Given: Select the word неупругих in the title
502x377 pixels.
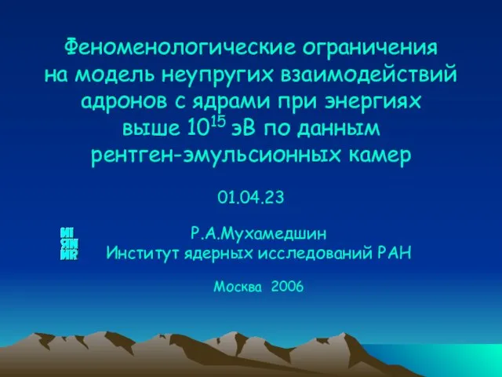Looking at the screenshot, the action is pyautogui.click(x=218, y=75).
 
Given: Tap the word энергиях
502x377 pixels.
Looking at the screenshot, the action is pyautogui.click(x=373, y=102).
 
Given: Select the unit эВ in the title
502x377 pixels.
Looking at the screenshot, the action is pyautogui.click(x=243, y=129).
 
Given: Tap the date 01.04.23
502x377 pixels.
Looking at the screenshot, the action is pyautogui.click(x=251, y=197).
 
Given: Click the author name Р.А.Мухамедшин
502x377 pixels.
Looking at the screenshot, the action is pyautogui.click(x=259, y=233).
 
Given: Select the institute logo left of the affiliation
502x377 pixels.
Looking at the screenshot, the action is pyautogui.click(x=69, y=243).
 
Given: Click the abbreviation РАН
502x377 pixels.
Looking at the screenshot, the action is pyautogui.click(x=395, y=254).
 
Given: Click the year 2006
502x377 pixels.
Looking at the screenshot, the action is pyautogui.click(x=287, y=286).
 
